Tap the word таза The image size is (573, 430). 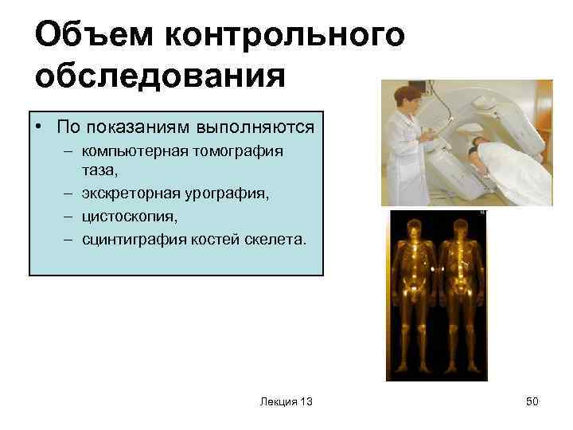pyautogui.click(x=99, y=170)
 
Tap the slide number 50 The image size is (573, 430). pyautogui.click(x=532, y=402)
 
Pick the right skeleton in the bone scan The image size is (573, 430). pyautogui.click(x=458, y=295)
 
